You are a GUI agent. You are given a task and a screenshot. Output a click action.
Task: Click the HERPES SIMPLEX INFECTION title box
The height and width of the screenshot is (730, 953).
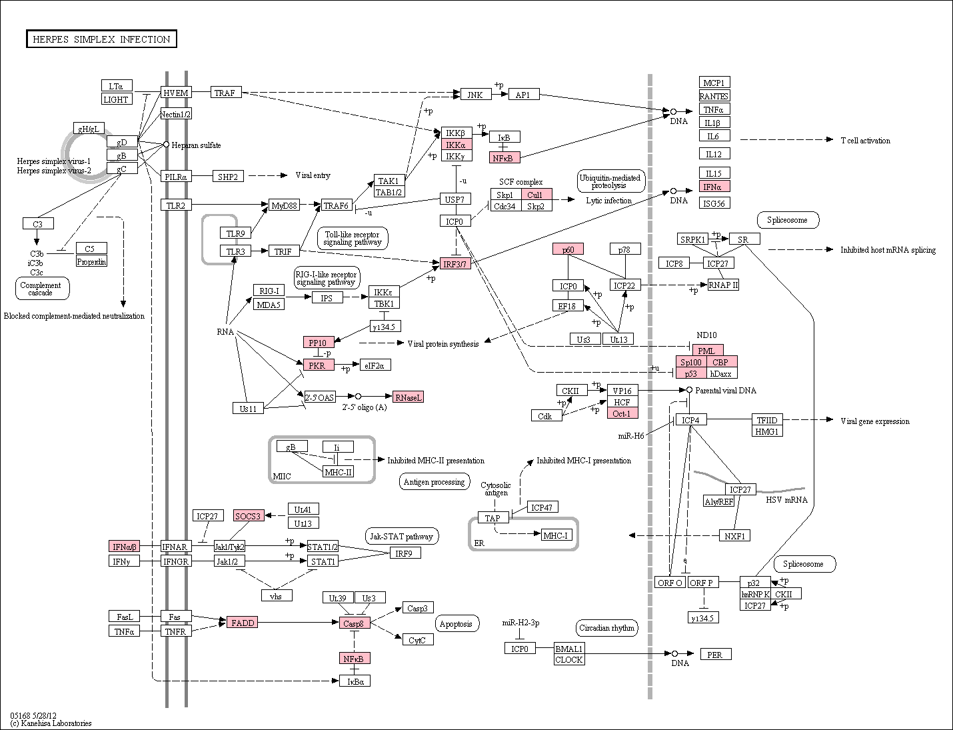pyautogui.click(x=101, y=39)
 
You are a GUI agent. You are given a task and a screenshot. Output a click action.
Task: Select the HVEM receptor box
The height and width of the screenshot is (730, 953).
pyautogui.click(x=176, y=93)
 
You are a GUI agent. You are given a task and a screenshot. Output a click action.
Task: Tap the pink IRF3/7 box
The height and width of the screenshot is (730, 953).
pyautogui.click(x=455, y=263)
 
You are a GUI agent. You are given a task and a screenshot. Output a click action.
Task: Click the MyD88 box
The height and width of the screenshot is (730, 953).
pyautogui.click(x=284, y=205)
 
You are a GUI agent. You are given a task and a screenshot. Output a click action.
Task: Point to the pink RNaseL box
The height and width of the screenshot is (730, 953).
pyautogui.click(x=408, y=397)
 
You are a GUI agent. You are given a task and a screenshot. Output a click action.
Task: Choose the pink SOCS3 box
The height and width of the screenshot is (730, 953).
pyautogui.click(x=249, y=515)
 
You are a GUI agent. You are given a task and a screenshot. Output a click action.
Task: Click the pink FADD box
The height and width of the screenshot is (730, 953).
pyautogui.click(x=242, y=622)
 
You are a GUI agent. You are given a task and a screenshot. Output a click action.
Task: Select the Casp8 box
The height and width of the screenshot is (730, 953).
pyautogui.click(x=355, y=623)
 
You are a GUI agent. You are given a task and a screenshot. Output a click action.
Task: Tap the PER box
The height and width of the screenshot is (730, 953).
pyautogui.click(x=716, y=654)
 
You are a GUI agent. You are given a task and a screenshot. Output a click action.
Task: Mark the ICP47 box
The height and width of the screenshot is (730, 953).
pyautogui.click(x=542, y=507)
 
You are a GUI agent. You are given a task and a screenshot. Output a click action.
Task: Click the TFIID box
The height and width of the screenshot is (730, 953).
pyautogui.click(x=767, y=420)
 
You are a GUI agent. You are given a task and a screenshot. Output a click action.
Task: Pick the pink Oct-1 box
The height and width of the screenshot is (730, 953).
pyautogui.click(x=622, y=413)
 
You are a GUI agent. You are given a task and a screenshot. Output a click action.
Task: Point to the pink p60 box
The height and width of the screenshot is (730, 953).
pyautogui.click(x=568, y=249)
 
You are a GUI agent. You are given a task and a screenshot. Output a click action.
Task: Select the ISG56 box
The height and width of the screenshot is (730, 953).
pyautogui.click(x=714, y=203)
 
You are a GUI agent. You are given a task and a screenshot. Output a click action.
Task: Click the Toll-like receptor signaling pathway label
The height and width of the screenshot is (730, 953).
pyautogui.click(x=353, y=238)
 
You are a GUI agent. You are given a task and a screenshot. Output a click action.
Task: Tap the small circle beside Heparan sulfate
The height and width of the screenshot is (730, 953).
pyautogui.click(x=166, y=144)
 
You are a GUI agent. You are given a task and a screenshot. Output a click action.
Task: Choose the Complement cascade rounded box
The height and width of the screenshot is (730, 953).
pyautogui.click(x=42, y=288)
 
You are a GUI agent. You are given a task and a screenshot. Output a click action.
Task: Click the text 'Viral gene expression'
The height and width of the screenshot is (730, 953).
pyautogui.click(x=875, y=421)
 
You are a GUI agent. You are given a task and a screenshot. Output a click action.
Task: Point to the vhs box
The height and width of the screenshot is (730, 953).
pyautogui.click(x=277, y=595)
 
